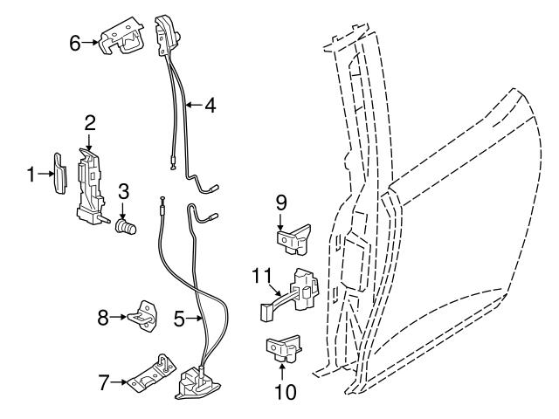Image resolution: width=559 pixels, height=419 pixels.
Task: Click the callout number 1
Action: [31, 175]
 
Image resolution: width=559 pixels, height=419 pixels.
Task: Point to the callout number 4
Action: [210, 106]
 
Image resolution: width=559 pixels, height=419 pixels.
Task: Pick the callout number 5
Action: [179, 319]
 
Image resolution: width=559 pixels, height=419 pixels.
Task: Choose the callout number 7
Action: [103, 381]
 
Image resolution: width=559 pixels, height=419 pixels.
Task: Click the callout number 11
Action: [259, 276]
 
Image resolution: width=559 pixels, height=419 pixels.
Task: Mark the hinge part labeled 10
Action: [284, 348]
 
